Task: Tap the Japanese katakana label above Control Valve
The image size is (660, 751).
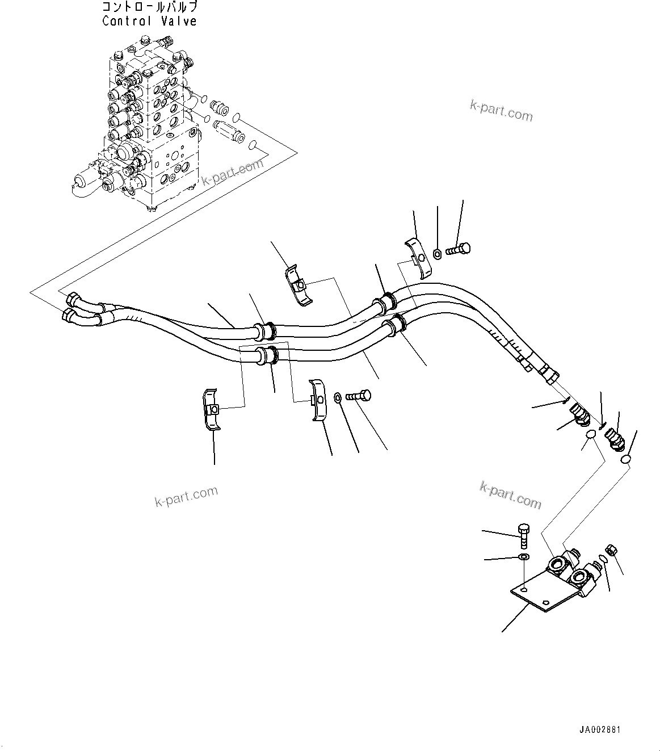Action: pyautogui.click(x=150, y=7)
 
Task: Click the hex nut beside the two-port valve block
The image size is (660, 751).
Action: pyautogui.click(x=612, y=549)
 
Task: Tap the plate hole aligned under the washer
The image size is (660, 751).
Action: pyautogui.click(x=525, y=591)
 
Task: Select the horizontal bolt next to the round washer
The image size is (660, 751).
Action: pyautogui.click(x=358, y=396)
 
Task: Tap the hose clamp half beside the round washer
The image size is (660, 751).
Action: pyautogui.click(x=318, y=400)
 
